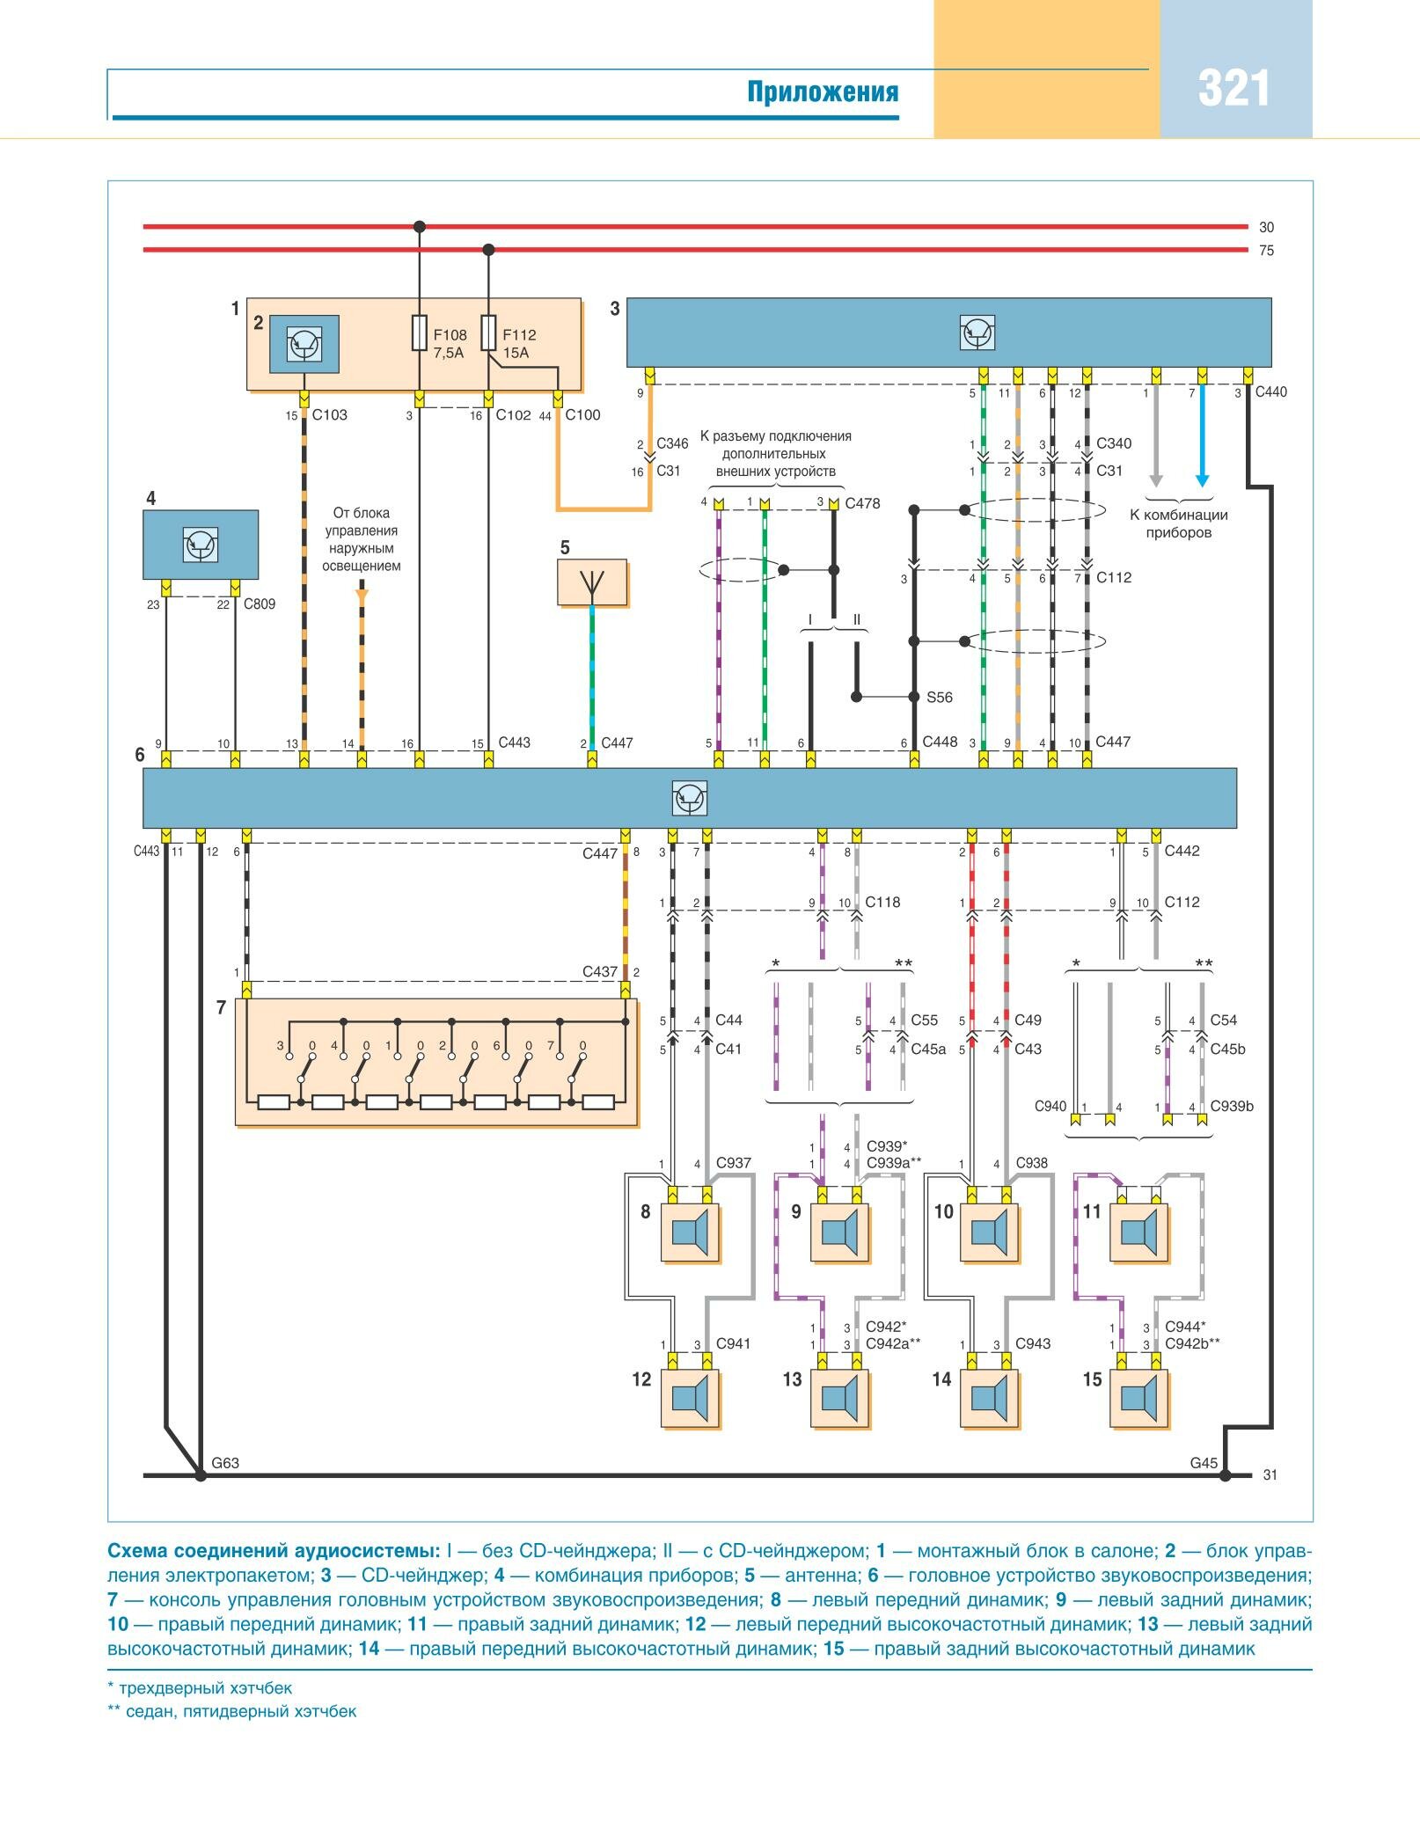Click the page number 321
[x=1233, y=90]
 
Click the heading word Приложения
[x=823, y=92]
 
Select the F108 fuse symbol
[x=420, y=333]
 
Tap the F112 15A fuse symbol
[x=489, y=333]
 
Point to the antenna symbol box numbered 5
[x=592, y=582]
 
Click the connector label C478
[x=862, y=504]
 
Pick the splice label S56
[x=940, y=698]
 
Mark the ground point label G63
[x=225, y=1463]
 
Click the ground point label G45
[x=1204, y=1463]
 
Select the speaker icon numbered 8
[x=691, y=1233]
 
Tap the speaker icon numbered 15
[x=1140, y=1398]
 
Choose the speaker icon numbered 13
[x=840, y=1398]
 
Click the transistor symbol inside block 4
[x=201, y=545]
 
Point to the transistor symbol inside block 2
[x=304, y=344]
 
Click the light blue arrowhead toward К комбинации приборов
[x=1202, y=480]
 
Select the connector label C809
[x=260, y=604]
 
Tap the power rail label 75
[x=1266, y=251]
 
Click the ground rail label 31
[x=1270, y=1475]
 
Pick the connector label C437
[x=600, y=972]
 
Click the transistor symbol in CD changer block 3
[x=977, y=333]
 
